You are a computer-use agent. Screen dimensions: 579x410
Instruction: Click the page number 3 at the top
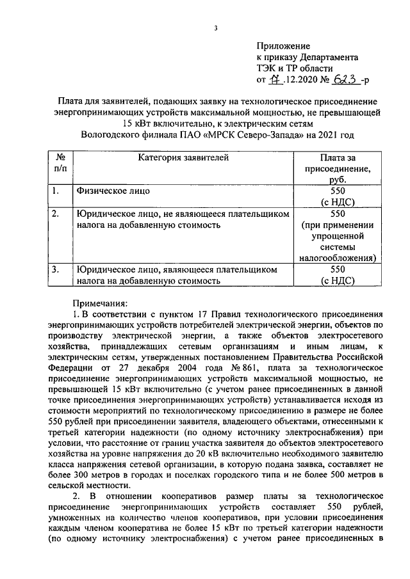pos(216,28)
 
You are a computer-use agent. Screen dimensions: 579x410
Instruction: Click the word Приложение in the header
pos(283,46)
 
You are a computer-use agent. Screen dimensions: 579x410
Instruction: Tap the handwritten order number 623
pos(344,80)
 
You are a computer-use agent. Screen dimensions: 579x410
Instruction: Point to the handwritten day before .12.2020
pos(275,80)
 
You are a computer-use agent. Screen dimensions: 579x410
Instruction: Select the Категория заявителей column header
pos(182,157)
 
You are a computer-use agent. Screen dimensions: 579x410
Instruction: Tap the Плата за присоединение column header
pos(336,169)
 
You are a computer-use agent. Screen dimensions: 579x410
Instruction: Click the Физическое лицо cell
pos(113,191)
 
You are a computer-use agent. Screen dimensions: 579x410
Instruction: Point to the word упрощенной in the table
pos(337,236)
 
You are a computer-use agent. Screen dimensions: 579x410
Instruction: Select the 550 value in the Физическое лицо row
pos(337,191)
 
